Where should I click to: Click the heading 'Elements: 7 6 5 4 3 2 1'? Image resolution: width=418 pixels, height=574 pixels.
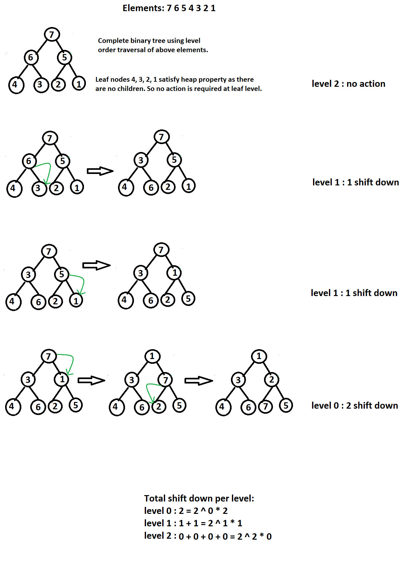tap(169, 8)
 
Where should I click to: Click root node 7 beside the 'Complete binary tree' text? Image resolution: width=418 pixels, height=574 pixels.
tap(52, 34)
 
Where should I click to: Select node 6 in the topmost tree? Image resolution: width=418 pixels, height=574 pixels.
tap(31, 58)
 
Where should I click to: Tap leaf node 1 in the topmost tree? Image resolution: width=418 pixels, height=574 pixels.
tap(79, 84)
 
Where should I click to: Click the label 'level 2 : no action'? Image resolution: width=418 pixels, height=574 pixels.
tap(348, 84)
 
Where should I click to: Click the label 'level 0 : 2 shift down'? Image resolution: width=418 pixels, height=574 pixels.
tap(355, 405)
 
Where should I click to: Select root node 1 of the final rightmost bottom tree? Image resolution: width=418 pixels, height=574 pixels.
tap(259, 356)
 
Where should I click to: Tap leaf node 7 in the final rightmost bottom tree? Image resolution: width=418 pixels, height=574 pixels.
tap(266, 406)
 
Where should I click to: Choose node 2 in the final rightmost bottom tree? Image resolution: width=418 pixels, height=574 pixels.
tap(271, 380)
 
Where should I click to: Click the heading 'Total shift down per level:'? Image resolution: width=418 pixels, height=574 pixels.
tap(199, 498)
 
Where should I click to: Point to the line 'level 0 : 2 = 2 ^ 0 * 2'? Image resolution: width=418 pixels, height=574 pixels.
tap(186, 511)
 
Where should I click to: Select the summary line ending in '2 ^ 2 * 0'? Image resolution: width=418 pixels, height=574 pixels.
tap(208, 536)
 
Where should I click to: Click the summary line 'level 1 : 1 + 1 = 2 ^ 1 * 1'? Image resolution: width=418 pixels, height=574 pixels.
tap(193, 523)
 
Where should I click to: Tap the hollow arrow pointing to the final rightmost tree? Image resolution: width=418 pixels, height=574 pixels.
tap(199, 380)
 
